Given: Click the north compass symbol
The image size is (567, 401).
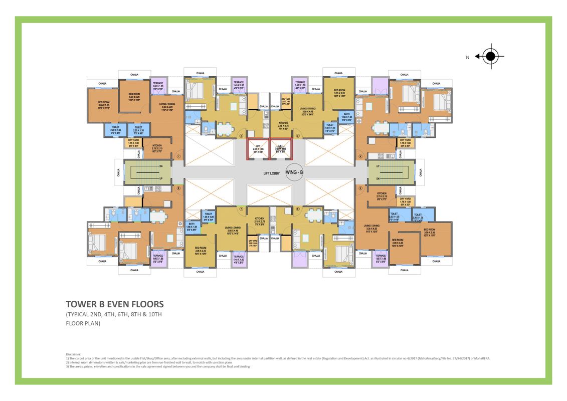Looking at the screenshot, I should (490, 57).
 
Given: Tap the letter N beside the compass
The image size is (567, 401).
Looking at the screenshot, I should (467, 58).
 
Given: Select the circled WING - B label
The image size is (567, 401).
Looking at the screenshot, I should (295, 172).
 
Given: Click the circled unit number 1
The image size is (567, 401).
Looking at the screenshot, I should (178, 156).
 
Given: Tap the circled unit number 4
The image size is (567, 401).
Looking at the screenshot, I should (360, 156).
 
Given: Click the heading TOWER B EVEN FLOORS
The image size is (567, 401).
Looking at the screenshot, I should (115, 304).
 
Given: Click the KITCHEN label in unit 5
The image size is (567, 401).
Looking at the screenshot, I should (382, 194).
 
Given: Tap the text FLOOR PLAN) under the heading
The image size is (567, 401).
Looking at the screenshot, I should (83, 323).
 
